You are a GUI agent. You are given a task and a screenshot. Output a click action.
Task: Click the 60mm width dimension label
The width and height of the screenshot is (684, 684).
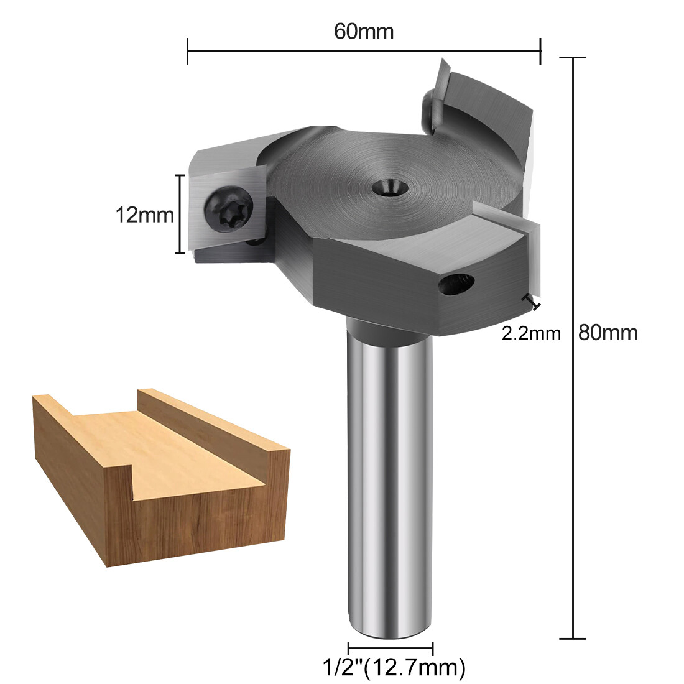[364, 31]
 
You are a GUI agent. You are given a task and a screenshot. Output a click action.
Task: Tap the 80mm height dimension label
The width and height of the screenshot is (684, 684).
[608, 332]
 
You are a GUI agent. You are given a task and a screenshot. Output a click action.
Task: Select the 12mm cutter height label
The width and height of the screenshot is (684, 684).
[144, 215]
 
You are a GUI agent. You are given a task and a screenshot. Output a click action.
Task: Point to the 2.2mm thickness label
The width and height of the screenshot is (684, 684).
[531, 333]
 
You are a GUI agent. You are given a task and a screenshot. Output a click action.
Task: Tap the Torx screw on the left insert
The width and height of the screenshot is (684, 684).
[229, 209]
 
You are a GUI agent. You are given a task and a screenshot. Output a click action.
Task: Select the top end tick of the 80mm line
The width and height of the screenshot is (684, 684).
[573, 57]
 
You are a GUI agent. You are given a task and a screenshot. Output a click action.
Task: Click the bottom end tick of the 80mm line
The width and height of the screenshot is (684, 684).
[573, 638]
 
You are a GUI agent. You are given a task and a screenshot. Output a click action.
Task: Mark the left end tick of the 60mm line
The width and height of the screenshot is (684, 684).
[188, 50]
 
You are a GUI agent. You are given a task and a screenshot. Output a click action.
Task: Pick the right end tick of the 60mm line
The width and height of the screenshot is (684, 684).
[540, 50]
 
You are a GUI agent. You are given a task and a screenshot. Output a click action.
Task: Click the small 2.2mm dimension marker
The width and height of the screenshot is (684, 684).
[532, 302]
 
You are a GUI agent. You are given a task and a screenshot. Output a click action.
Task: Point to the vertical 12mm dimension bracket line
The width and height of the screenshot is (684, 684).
[181, 214]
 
